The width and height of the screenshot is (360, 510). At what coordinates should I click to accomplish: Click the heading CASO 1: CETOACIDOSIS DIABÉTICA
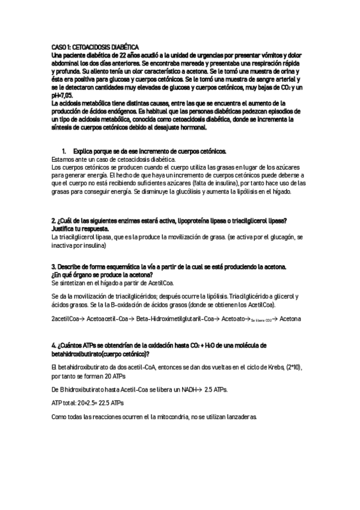[x=95, y=46]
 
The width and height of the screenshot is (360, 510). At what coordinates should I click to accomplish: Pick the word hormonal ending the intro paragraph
[x=191, y=127]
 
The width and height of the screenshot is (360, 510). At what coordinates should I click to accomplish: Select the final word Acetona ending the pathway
[x=290, y=318]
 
